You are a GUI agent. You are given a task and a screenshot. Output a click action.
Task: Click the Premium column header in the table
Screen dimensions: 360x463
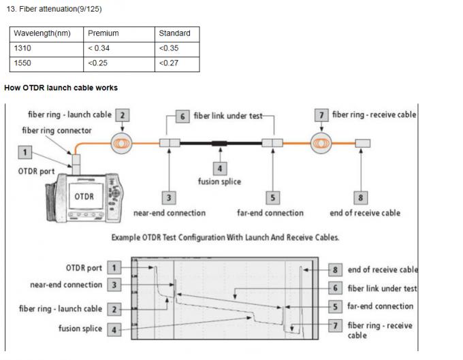pyautogui.click(x=103, y=33)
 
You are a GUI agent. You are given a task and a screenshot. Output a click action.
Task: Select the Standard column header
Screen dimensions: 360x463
pyautogui.click(x=174, y=33)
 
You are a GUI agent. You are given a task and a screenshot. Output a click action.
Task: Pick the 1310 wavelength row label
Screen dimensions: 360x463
pyautogui.click(x=23, y=48)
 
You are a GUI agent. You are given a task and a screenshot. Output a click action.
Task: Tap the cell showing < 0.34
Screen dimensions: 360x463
pyautogui.click(x=99, y=48)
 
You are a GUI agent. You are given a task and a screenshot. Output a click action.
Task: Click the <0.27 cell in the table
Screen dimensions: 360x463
pyautogui.click(x=169, y=63)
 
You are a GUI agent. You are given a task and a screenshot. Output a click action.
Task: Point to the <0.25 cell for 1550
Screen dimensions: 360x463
pyautogui.click(x=99, y=63)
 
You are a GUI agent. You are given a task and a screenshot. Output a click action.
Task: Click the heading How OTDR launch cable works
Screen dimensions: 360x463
pyautogui.click(x=61, y=88)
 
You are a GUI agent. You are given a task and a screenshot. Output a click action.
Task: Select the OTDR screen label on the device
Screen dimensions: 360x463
pyautogui.click(x=84, y=196)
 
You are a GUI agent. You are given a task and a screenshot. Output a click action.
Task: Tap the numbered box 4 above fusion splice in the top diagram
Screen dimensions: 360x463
pyautogui.click(x=220, y=168)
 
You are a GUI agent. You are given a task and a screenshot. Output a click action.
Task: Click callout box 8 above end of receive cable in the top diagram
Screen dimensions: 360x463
pyautogui.click(x=361, y=197)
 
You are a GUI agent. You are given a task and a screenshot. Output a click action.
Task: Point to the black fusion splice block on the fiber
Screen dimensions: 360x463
pyautogui.click(x=220, y=143)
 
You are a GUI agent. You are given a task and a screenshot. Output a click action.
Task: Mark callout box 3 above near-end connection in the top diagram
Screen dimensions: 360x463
pyautogui.click(x=169, y=197)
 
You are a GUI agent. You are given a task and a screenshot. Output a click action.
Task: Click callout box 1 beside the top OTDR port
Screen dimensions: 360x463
pyautogui.click(x=25, y=153)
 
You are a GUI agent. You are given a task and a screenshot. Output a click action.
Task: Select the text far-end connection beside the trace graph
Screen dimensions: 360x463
pyautogui.click(x=380, y=306)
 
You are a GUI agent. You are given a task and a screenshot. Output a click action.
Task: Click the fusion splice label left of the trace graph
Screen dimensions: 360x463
pyautogui.click(x=80, y=329)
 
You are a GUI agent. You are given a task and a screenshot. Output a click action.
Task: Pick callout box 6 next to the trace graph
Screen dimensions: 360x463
pyautogui.click(x=335, y=288)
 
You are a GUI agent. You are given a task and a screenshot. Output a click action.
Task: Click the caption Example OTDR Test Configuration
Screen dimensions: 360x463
pyautogui.click(x=225, y=238)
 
